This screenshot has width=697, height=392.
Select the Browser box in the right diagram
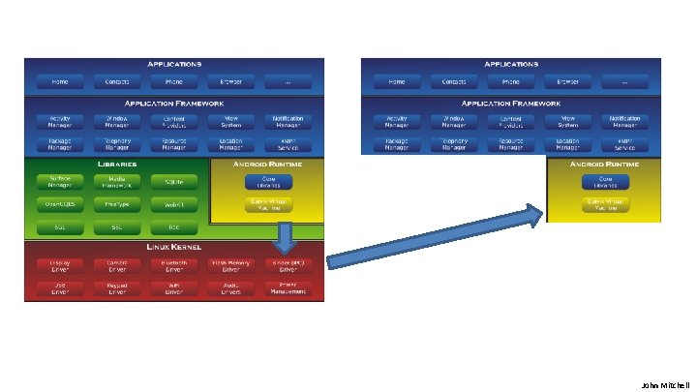tap(566, 81)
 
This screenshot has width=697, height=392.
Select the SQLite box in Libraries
tap(173, 181)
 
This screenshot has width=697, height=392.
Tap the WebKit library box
tap(173, 204)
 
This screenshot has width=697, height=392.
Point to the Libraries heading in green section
tap(116, 165)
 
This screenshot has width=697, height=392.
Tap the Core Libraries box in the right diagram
tap(605, 181)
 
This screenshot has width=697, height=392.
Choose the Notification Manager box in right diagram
tap(624, 122)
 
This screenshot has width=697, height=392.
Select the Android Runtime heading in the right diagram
tap(606, 165)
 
